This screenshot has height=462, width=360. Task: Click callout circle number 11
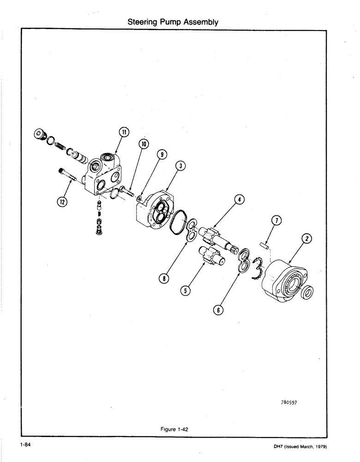click(123, 132)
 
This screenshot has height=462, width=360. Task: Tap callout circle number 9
click(161, 155)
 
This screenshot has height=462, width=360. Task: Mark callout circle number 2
click(306, 239)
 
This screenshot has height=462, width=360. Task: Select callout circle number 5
click(186, 291)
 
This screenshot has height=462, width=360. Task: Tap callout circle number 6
click(217, 310)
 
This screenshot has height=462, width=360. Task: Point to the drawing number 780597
click(291, 402)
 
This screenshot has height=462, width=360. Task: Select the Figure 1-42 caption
click(174, 429)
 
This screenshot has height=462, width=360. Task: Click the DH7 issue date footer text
click(300, 446)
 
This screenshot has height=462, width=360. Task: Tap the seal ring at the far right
click(306, 292)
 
